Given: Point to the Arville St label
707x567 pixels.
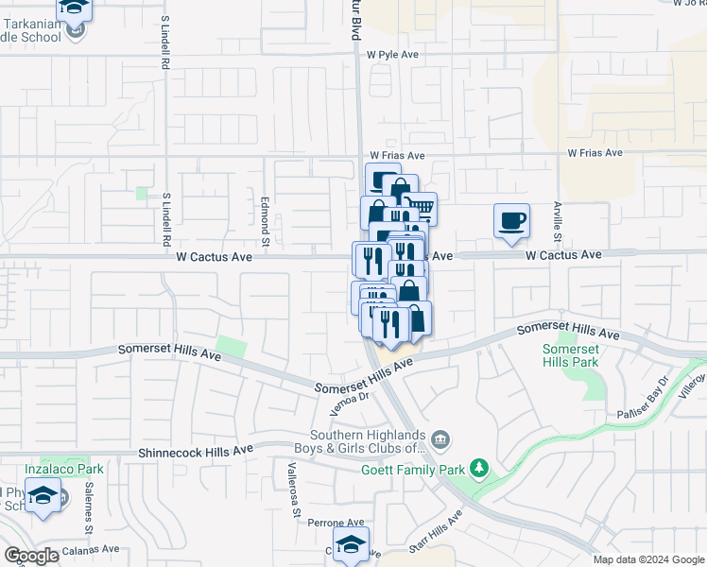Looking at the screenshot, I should click(559, 216).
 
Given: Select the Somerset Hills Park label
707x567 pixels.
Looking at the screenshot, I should click(570, 355).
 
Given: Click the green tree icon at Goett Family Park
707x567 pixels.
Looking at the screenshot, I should click(479, 467).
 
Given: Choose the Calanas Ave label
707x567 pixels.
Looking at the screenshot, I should click(90, 549).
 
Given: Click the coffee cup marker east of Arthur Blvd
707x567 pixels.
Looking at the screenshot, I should click(511, 221).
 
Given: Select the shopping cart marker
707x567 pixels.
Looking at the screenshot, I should click(421, 206).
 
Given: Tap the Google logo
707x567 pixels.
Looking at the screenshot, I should click(31, 556).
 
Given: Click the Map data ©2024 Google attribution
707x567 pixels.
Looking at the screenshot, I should click(648, 559).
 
